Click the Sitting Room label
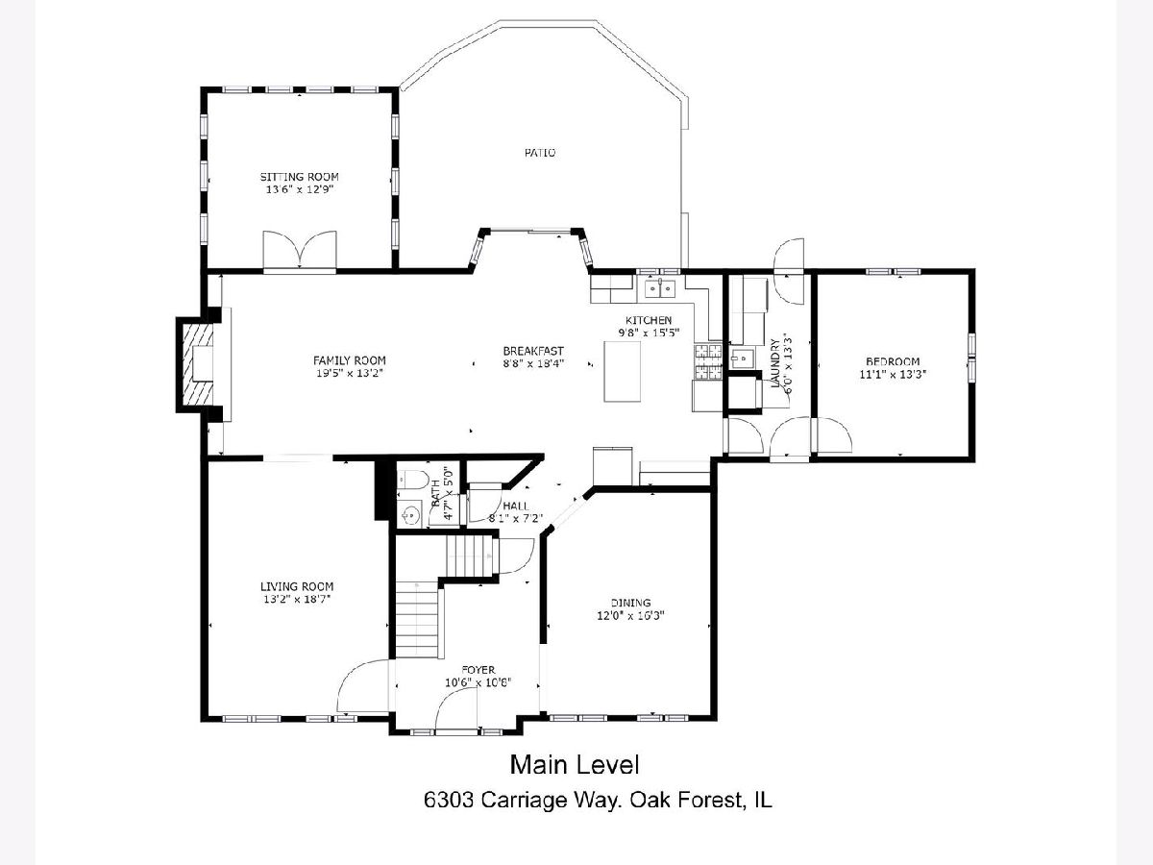(x=300, y=177)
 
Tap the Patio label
(x=540, y=153)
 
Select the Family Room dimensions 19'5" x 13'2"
(x=350, y=374)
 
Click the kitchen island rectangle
(x=622, y=371)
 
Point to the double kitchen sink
(x=660, y=287)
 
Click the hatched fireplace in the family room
(x=198, y=364)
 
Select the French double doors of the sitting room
(x=300, y=250)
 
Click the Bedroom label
(x=893, y=361)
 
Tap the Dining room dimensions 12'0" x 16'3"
(x=631, y=615)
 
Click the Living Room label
(x=297, y=586)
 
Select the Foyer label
(x=478, y=670)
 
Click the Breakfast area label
(x=533, y=351)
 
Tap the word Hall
(x=516, y=506)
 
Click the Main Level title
(x=575, y=765)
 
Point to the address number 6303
(x=449, y=801)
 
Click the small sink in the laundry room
(x=742, y=358)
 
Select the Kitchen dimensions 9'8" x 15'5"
(x=649, y=333)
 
